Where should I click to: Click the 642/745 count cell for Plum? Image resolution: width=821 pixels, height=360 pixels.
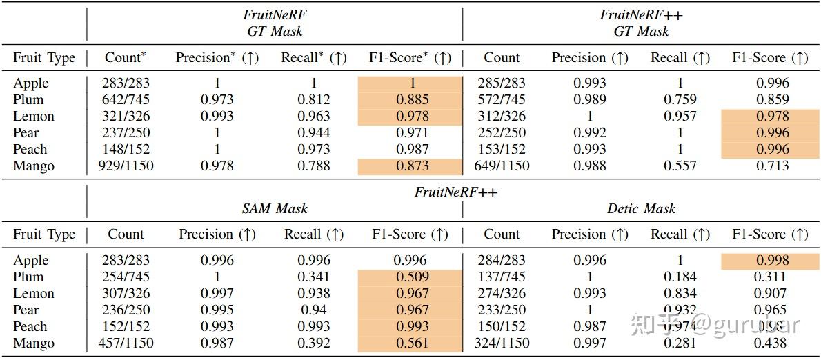pos(127,99)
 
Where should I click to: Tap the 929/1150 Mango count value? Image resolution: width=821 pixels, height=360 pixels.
pos(127,166)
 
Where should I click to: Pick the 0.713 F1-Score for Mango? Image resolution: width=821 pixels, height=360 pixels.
pos(770,166)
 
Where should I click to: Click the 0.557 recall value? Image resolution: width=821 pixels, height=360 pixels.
pos(680,166)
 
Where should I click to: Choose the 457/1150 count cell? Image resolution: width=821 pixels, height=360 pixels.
pos(126,343)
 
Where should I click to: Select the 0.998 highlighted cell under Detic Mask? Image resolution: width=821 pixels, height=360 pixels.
pos(770,260)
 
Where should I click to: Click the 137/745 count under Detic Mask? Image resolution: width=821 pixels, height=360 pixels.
pos(502,277)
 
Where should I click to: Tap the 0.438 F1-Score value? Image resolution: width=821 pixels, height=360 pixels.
pos(770,343)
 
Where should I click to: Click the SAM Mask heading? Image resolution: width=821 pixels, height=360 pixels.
pos(275,208)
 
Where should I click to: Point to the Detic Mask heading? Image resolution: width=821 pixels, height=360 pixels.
pos(641,208)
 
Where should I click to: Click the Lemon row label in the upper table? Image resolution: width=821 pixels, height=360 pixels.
pos(33,116)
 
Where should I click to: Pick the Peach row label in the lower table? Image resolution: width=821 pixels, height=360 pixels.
pos(30,326)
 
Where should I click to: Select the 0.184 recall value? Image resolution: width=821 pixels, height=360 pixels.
pos(680,277)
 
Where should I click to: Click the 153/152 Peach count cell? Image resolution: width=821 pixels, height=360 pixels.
pos(502,149)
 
